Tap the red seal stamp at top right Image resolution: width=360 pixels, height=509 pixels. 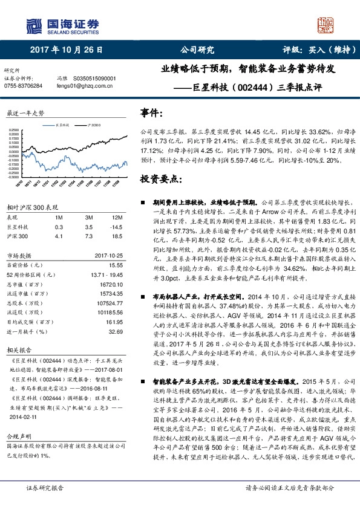[326, 25]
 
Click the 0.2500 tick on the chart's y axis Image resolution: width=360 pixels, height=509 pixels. [13, 130]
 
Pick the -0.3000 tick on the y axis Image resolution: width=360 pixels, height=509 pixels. [13, 177]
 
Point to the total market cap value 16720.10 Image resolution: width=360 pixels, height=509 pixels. [112, 284]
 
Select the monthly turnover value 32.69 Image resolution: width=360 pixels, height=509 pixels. [116, 331]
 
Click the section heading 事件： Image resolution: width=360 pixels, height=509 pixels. [152, 113]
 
